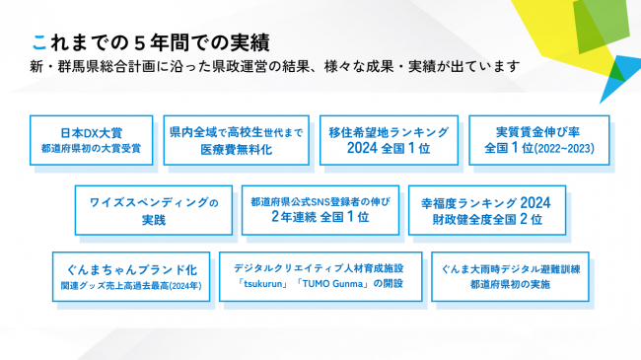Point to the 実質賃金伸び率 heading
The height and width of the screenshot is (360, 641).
(538, 131)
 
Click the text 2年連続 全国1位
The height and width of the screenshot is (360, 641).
(320, 218)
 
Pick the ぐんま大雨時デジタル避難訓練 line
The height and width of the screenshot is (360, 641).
(509, 267)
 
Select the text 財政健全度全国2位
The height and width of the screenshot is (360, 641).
(487, 219)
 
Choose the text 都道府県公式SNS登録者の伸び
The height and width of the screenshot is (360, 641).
(320, 201)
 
